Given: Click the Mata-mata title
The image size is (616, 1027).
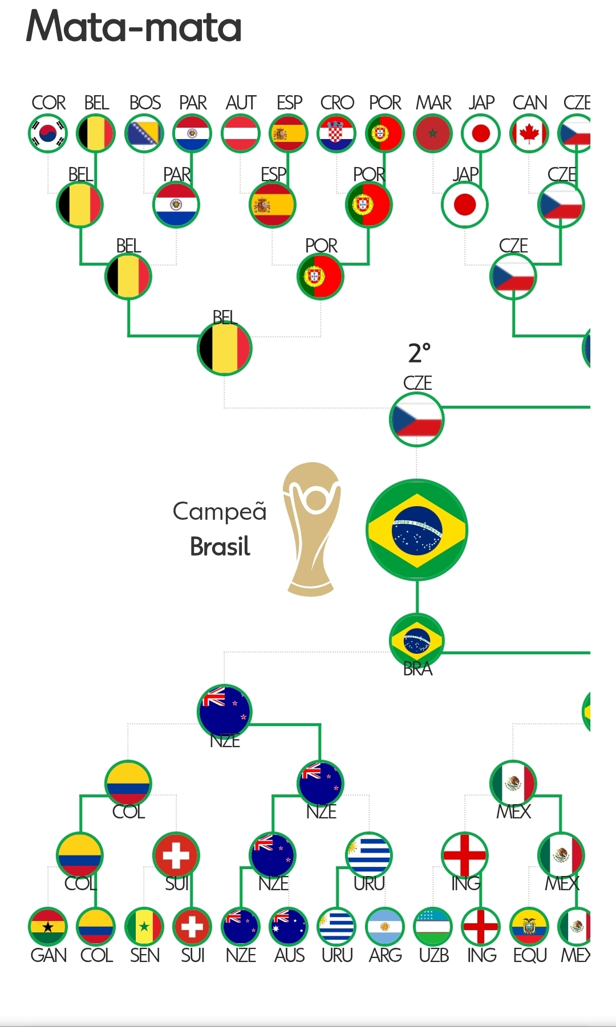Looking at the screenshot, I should click(x=134, y=27).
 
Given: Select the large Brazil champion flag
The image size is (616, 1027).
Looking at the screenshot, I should click(x=416, y=530).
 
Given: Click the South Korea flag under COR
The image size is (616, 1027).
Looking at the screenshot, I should click(x=48, y=134).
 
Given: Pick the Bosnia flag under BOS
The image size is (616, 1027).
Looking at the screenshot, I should click(x=144, y=134).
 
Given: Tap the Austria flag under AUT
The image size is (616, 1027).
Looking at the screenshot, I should click(x=241, y=134).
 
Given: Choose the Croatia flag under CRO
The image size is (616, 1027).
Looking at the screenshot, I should click(x=337, y=134).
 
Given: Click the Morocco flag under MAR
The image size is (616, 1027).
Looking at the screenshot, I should click(x=433, y=134).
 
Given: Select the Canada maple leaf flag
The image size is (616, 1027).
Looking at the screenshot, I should click(x=529, y=134).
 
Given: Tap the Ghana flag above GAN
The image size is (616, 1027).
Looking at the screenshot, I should click(x=48, y=927).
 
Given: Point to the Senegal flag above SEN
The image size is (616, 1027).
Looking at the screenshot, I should click(x=144, y=927).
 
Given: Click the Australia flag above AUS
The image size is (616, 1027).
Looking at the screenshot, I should click(x=289, y=927).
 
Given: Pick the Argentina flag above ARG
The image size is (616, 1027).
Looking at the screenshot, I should click(x=385, y=927).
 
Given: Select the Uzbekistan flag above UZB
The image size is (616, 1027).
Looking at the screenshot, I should click(x=433, y=927).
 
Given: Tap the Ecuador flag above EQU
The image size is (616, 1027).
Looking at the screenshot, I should click(x=529, y=927).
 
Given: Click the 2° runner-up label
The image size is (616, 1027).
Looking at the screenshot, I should click(x=419, y=353).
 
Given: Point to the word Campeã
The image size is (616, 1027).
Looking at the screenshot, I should click(x=220, y=512).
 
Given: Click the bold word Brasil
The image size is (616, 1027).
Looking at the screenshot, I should click(x=220, y=547).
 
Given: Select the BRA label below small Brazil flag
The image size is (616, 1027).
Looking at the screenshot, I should click(x=418, y=669).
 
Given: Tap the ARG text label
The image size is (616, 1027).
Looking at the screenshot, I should click(x=385, y=955).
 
